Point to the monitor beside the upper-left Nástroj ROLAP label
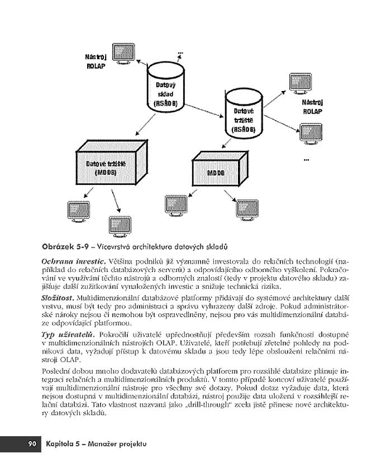124,53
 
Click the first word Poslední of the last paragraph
56,370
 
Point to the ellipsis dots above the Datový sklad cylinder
180,54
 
